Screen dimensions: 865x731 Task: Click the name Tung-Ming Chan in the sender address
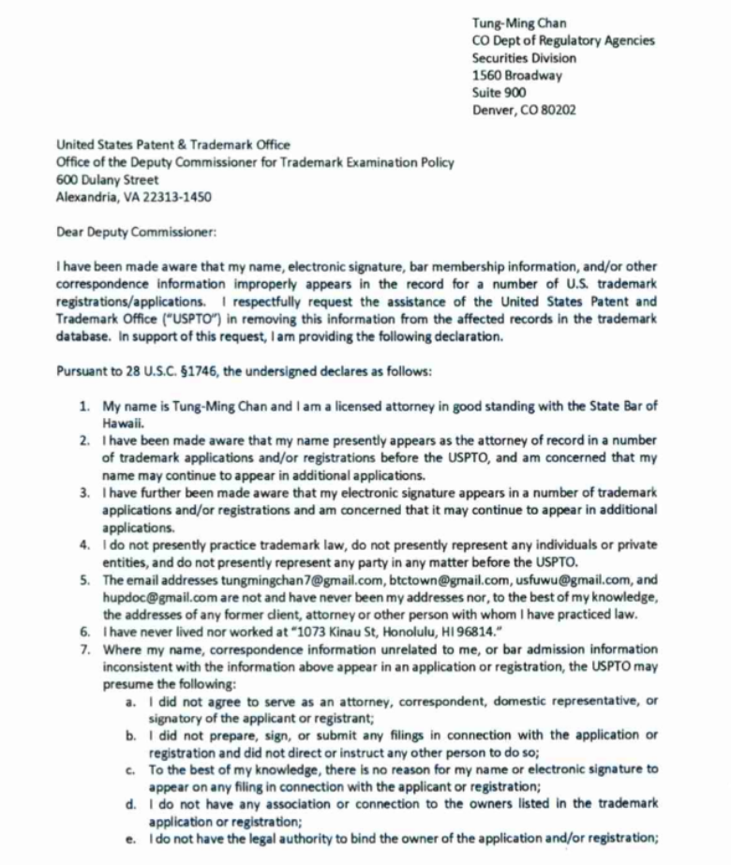coord(519,23)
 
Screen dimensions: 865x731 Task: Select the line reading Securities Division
coord(525,58)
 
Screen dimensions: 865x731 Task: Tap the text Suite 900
coord(499,93)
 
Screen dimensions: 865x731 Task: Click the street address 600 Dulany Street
coord(108,179)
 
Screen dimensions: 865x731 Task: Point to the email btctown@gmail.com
coord(380,580)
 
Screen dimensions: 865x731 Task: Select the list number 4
coord(84,544)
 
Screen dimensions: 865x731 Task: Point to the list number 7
coord(84,649)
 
